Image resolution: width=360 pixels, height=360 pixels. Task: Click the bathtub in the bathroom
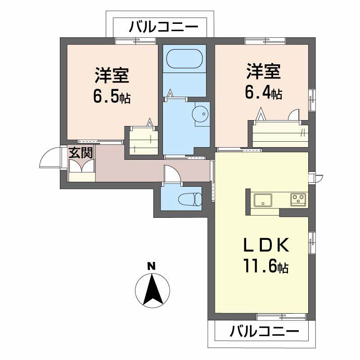coord(184,59)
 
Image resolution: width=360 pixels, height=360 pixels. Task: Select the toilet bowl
coord(190,199)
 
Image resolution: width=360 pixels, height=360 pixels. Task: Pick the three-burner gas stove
coord(298,199)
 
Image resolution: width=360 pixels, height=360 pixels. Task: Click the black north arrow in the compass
coord(153,289)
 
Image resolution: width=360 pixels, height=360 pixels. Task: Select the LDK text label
coord(266,245)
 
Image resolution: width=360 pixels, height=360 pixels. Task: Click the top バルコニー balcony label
coord(163,27)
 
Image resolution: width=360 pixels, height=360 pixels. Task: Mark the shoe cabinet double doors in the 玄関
coord(82,166)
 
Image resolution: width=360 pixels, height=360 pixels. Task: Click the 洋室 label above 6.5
coord(112,75)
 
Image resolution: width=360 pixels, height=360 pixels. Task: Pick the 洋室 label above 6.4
coord(264,71)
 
